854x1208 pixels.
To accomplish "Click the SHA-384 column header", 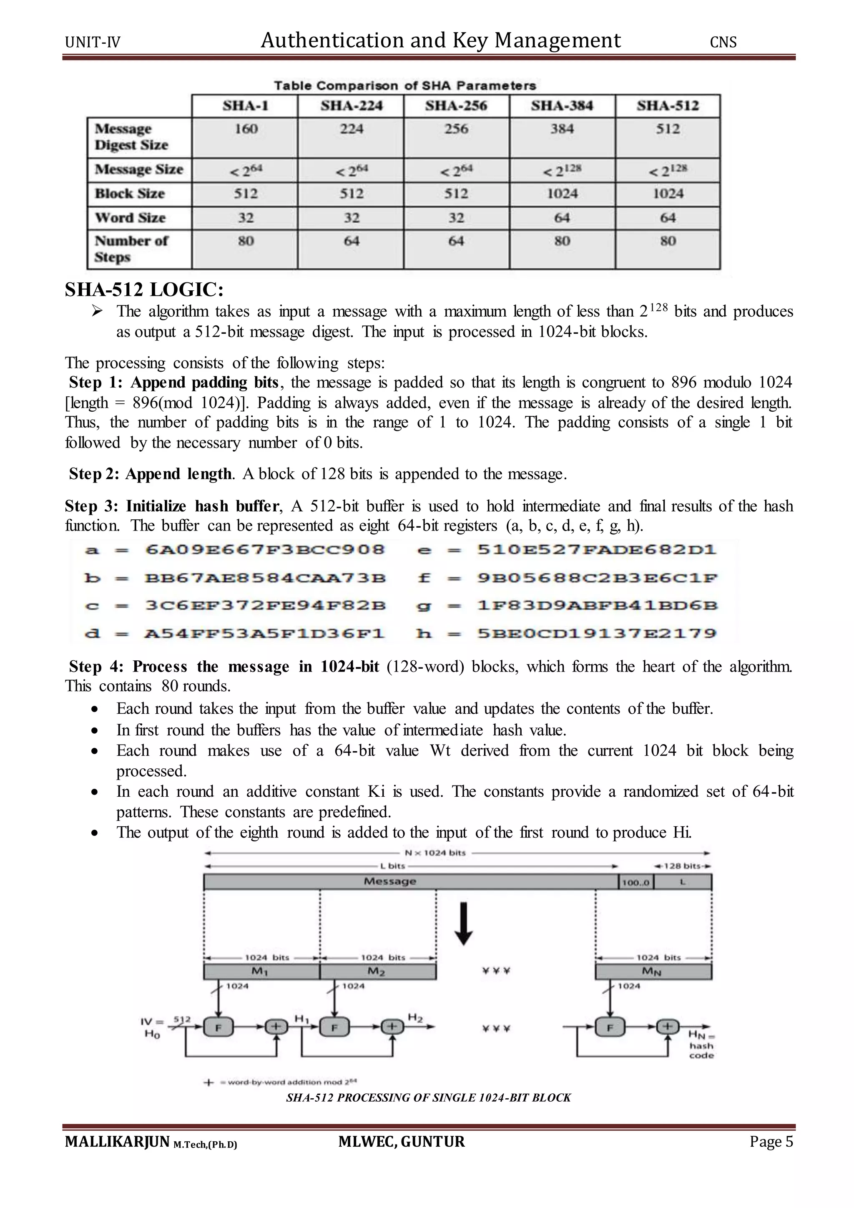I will coord(562,106).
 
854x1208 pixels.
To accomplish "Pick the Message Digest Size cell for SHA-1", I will coord(246,129).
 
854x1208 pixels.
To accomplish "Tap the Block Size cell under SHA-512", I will coord(668,194).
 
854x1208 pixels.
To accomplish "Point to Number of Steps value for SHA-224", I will coord(351,241).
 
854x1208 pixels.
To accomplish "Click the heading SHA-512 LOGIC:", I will coord(144,289).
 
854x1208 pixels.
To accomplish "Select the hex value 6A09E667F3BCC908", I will coord(265,550).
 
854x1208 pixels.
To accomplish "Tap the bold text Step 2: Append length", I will coord(150,474).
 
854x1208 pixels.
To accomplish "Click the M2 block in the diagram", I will coord(377,971).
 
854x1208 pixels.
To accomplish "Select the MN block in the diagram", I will coord(653,971).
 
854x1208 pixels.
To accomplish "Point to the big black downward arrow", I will coord(463,924).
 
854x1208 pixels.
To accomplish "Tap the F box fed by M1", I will coord(218,1027).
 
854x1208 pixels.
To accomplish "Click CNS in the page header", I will coord(723,42).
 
